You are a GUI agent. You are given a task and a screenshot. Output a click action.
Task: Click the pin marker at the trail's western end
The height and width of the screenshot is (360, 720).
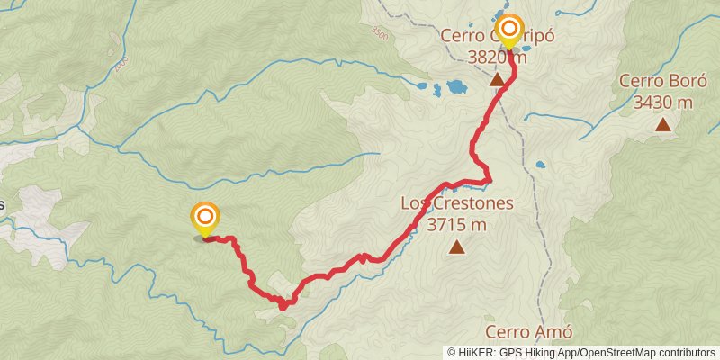coord(205,217)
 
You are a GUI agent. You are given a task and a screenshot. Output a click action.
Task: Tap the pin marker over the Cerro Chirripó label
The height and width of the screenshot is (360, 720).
coord(509,31)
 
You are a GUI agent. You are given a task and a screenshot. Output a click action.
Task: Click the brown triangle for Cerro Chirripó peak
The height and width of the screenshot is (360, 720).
coord(497,80)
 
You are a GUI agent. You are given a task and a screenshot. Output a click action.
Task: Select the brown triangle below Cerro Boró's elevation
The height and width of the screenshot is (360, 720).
coord(663,124)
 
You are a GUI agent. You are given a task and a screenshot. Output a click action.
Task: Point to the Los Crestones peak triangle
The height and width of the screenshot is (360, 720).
coord(457,247)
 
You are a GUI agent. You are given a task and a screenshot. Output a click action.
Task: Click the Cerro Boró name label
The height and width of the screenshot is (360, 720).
coord(661,83)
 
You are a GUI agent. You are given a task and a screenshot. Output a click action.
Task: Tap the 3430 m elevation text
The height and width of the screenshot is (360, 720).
coord(662,103)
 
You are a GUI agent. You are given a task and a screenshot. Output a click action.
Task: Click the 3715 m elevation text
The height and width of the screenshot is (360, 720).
coord(457,223)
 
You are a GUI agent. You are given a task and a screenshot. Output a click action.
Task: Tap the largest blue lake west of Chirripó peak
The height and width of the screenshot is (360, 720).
coord(455,87)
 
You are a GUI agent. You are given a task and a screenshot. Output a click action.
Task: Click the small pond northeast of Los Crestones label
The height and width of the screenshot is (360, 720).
coord(540,166)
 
